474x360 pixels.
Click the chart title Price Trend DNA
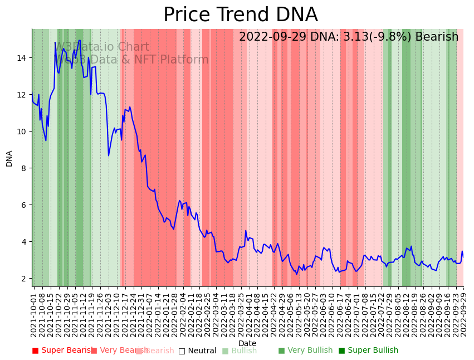tap(240, 15)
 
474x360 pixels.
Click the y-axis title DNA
tap(9, 158)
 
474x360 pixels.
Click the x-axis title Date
tap(247, 343)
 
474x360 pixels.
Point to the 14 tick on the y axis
tap(22, 58)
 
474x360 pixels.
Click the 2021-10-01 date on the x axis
tap(33, 313)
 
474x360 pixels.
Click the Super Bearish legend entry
tap(62, 351)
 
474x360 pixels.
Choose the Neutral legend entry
tap(197, 351)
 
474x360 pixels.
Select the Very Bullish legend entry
tap(305, 351)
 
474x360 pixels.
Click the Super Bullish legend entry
tap(368, 351)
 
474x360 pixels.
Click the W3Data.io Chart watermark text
tap(101, 47)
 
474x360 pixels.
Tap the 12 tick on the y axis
tap(22, 95)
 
